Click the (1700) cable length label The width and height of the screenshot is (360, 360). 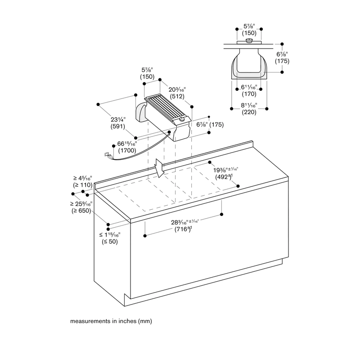127,151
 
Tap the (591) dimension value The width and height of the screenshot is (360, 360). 118,126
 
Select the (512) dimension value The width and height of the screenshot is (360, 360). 177,96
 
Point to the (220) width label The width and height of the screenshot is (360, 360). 249,112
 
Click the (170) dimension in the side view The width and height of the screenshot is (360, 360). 249,94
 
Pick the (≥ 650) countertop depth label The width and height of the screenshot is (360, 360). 81,211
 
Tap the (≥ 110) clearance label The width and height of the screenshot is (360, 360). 83,185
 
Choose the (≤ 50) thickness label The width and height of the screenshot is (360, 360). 110,242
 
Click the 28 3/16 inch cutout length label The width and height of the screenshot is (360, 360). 184,222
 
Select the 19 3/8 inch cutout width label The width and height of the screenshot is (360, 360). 226,170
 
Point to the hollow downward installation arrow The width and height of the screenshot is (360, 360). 159,168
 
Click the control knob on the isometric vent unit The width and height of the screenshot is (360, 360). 182,119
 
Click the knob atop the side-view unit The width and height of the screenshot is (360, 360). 249,40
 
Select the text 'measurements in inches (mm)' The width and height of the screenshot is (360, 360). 111,321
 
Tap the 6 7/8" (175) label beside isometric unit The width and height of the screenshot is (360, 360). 210,125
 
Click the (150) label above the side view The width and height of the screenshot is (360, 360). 249,33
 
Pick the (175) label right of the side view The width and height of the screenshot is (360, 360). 282,61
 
